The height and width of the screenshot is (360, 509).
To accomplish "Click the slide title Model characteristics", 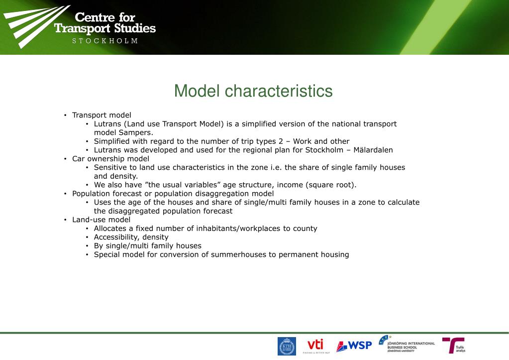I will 253,91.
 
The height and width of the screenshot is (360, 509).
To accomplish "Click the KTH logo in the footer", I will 286,346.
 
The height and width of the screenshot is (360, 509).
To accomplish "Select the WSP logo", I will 354,346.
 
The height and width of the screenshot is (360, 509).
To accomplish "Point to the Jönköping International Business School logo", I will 407,344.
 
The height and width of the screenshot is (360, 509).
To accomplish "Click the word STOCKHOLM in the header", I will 105,41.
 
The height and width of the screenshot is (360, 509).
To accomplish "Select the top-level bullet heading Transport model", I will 102,115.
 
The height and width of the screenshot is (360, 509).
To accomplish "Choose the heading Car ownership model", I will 110,159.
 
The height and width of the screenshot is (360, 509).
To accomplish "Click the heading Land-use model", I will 101,220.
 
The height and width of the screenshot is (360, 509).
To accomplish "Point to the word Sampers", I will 134,132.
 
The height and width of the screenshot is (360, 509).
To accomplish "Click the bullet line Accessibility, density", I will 131,237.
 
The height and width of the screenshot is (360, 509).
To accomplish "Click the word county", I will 305,229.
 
